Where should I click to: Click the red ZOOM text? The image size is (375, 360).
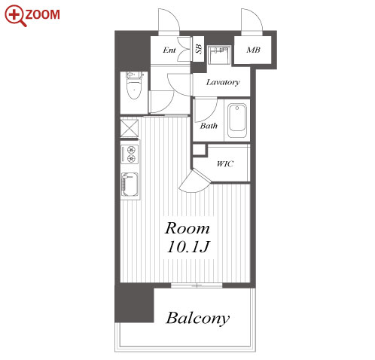(43, 14)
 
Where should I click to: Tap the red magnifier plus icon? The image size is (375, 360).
(15, 15)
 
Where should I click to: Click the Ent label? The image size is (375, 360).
(169, 50)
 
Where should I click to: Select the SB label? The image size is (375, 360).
(199, 49)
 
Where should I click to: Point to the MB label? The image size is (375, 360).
(253, 50)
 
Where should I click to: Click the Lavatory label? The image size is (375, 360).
(223, 82)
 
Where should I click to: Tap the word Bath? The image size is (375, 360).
(209, 126)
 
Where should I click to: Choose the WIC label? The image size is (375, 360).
(225, 164)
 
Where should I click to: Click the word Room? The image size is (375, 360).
(187, 228)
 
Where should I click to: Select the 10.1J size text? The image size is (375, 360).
(188, 246)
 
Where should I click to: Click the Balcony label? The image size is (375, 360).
(198, 318)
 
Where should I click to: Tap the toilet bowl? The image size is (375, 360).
(134, 89)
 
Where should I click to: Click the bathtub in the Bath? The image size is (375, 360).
(237, 121)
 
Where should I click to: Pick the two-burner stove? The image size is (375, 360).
(130, 154)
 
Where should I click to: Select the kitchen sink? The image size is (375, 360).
(130, 185)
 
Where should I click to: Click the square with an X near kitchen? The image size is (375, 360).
(130, 128)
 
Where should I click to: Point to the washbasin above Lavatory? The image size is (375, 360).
(218, 55)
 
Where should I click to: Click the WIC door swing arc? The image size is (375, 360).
(194, 182)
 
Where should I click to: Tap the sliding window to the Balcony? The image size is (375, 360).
(197, 285)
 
